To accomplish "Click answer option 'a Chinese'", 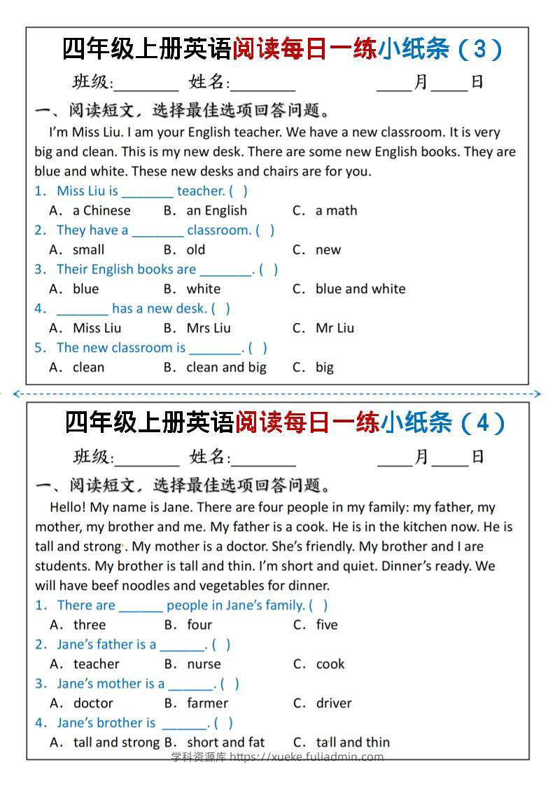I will [101, 210].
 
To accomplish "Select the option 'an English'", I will [216, 210].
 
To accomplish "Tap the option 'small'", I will [88, 249].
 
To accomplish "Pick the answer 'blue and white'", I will [360, 289].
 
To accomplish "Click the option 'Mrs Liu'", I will [209, 328].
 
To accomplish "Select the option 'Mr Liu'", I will [335, 328].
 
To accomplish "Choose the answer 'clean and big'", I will [226, 367].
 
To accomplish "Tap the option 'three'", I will [90, 625].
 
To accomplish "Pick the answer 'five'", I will [327, 625].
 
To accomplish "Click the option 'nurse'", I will [204, 664].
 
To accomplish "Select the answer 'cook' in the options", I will [330, 664].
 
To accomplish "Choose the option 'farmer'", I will [207, 703].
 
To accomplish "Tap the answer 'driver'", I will [334, 703].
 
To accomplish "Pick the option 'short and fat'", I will [226, 743].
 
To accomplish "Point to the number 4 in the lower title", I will [482, 423].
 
